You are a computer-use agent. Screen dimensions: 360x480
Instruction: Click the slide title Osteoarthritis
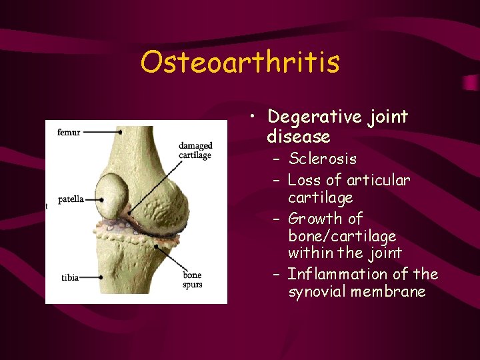coord(240,63)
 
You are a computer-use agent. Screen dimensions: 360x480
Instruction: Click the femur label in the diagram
coord(69,132)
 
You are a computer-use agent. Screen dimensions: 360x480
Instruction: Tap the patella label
coord(71,199)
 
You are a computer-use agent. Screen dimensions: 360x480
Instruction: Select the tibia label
coord(69,277)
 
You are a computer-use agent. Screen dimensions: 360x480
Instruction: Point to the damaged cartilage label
coord(195,150)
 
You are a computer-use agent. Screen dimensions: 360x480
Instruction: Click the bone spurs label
coord(192,280)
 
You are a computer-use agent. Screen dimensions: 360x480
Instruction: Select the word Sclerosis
coord(323,159)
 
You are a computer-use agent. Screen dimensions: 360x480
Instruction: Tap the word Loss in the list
coord(304,180)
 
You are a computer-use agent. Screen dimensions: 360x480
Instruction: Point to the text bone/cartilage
coord(342,236)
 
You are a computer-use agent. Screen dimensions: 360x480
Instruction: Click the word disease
coord(298,137)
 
